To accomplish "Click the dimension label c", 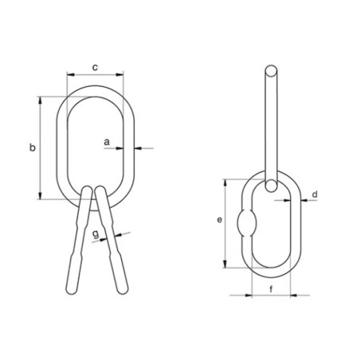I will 95,68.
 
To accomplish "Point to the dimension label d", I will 315,194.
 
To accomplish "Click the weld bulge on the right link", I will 247,222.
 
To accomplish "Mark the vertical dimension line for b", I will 40,148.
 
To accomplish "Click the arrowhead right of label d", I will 303,201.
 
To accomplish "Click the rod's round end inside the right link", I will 273,187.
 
